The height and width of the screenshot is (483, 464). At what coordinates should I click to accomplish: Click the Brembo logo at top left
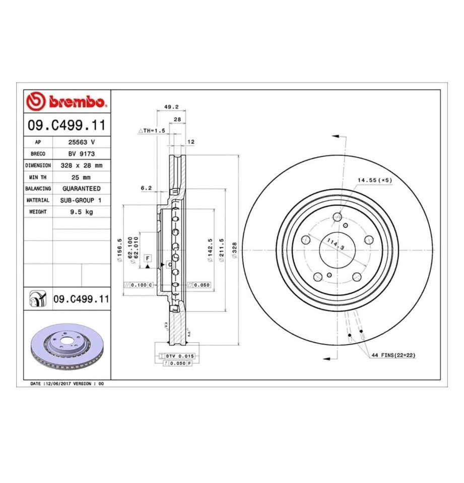(x=66, y=102)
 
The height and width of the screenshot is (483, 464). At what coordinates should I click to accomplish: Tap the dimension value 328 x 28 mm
(x=81, y=166)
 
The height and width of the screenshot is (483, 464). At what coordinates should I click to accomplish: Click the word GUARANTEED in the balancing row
(x=81, y=189)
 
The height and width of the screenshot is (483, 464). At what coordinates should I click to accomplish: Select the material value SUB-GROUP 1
(x=81, y=200)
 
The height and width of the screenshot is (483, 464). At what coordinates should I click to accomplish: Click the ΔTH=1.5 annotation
(x=152, y=130)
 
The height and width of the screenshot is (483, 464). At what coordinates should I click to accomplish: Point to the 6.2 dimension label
(x=146, y=188)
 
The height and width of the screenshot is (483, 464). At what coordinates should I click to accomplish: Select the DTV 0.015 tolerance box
(x=179, y=355)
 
